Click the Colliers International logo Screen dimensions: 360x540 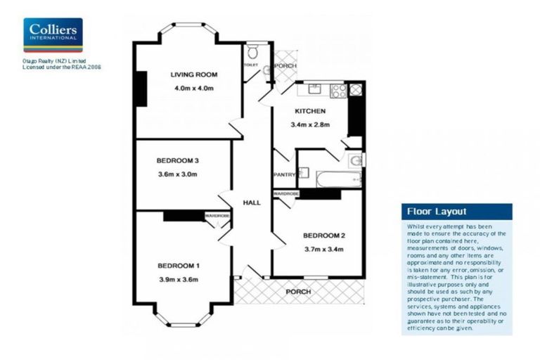coord(53,35)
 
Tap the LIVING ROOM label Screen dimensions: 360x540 coord(193,75)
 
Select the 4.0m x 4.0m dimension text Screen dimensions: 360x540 coord(193,89)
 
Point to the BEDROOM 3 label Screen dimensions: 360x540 coord(176,161)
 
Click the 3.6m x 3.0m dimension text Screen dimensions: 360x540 coord(177,174)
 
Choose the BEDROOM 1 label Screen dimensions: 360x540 coord(179,266)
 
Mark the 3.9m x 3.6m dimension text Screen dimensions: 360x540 coord(179,279)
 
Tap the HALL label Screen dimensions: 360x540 coord(251,202)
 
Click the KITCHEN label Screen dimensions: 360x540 coord(309,112)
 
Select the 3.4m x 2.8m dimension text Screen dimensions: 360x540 coord(310,125)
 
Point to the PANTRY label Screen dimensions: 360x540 coord(283,175)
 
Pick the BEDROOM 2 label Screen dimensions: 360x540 coord(323,235)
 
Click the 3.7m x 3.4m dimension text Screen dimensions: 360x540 coord(323,248)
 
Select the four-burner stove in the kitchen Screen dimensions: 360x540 coord(338,90)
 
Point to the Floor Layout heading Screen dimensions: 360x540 coord(436,212)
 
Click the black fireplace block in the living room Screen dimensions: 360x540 coord(141,89)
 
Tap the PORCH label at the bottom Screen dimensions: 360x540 coord(297,290)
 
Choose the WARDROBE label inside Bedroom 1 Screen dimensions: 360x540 coord(217,215)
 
